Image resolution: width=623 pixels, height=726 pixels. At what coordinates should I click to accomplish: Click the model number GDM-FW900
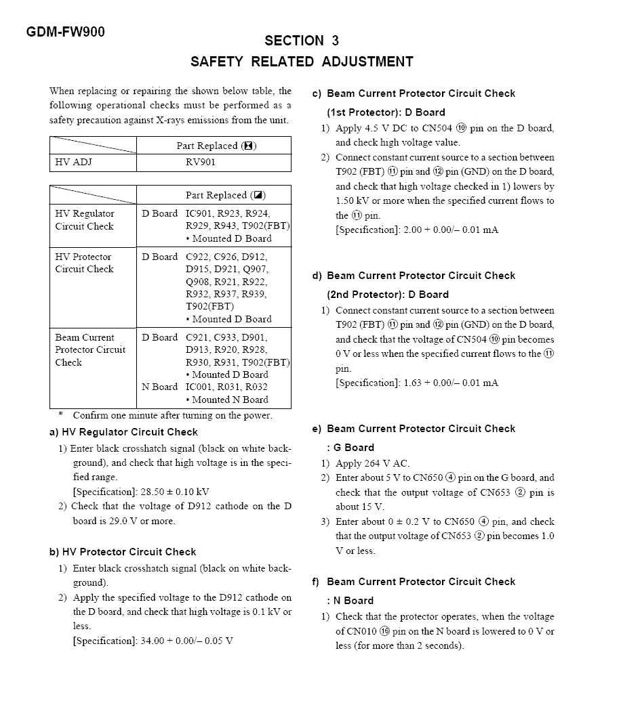click(x=66, y=32)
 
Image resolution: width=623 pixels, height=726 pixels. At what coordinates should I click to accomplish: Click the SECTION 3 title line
click(x=302, y=41)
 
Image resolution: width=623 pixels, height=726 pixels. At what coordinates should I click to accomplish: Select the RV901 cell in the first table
click(x=201, y=163)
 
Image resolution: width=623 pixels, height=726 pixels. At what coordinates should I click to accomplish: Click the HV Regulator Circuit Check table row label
click(x=85, y=220)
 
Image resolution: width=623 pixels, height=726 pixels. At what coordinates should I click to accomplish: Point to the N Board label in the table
click(x=159, y=387)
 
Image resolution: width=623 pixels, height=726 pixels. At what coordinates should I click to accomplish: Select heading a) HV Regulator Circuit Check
click(x=123, y=432)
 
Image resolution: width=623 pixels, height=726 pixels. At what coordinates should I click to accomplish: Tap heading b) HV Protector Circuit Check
click(x=123, y=552)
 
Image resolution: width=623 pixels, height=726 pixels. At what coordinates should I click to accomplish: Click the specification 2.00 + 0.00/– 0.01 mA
click(x=417, y=230)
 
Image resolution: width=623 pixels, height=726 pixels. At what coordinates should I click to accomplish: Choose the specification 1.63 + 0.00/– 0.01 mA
click(x=417, y=383)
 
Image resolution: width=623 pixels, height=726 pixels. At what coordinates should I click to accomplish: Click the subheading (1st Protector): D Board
click(x=386, y=112)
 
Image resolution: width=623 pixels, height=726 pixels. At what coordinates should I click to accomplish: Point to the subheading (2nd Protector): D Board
click(x=388, y=295)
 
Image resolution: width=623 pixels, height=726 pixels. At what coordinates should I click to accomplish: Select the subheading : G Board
click(x=350, y=448)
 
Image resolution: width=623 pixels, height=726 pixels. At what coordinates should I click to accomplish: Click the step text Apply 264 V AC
click(x=372, y=463)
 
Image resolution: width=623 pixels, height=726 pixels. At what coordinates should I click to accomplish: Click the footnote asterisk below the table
click(x=61, y=414)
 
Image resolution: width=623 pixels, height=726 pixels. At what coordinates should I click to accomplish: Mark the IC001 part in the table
click(x=199, y=387)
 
